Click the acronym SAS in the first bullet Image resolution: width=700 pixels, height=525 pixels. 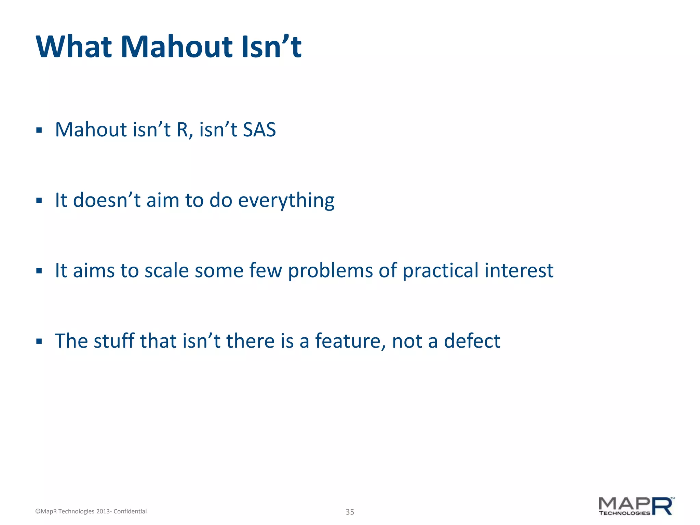(259, 130)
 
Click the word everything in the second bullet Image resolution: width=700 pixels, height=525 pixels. (286, 201)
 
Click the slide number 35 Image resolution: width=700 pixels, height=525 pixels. (350, 512)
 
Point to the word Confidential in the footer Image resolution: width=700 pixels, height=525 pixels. (130, 511)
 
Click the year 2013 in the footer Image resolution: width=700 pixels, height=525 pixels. (103, 511)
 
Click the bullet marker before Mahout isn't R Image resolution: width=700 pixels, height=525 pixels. (39, 130)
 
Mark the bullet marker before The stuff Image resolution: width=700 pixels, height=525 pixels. (39, 341)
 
